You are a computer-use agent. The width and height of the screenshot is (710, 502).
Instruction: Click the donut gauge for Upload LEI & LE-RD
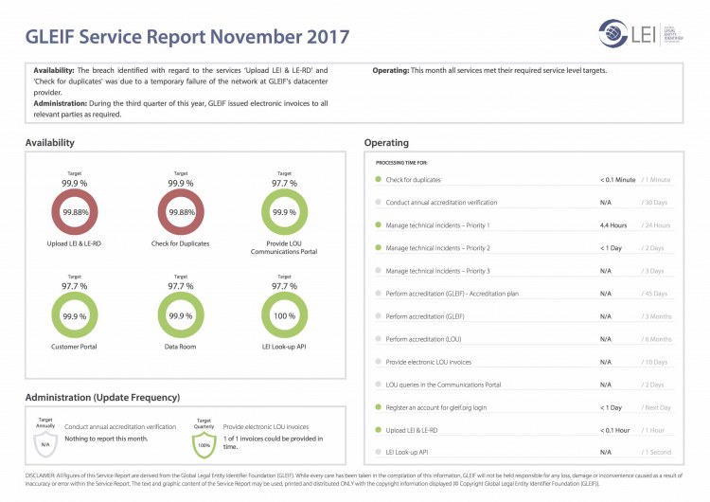(x=75, y=212)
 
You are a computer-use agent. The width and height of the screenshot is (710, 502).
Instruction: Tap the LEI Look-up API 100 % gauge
(x=284, y=314)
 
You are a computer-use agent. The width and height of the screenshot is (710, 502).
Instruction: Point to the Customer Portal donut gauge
(x=75, y=314)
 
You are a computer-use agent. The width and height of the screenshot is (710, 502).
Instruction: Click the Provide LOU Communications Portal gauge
(x=284, y=212)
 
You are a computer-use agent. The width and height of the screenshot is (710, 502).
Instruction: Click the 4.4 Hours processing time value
(x=613, y=225)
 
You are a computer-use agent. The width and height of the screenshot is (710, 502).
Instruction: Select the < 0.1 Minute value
(x=617, y=179)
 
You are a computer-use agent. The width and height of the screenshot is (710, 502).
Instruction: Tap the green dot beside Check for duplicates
(x=378, y=179)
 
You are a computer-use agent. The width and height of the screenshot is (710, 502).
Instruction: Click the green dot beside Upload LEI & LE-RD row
(x=378, y=430)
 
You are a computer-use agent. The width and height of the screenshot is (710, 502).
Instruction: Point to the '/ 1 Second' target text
(x=656, y=453)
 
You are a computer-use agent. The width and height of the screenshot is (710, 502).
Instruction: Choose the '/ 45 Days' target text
(x=655, y=294)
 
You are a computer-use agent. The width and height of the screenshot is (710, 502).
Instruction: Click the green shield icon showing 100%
(x=204, y=441)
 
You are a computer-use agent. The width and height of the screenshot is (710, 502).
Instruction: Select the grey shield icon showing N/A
(x=45, y=441)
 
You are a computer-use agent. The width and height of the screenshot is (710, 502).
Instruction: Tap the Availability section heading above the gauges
(x=50, y=143)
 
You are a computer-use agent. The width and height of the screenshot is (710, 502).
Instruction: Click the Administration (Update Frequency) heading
(x=102, y=397)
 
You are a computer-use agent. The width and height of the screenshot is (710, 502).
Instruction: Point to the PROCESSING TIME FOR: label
(x=401, y=163)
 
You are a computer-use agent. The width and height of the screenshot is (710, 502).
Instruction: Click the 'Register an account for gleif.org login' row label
(x=436, y=407)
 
